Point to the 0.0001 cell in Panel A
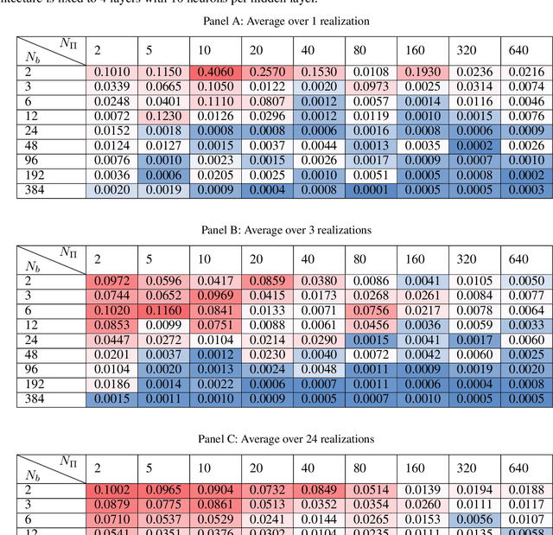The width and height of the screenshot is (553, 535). point(372,190)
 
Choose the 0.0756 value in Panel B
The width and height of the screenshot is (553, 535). point(372,309)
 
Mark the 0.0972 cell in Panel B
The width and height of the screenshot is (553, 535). point(111,280)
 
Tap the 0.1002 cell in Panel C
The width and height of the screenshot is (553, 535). point(111,489)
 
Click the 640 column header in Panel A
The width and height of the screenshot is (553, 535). point(518,49)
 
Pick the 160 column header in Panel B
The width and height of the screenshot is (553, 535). point(415,258)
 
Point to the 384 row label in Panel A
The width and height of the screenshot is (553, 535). point(34,190)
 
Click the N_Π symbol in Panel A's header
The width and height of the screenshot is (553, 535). point(69,42)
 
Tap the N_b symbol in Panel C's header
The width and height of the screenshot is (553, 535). point(32,474)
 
